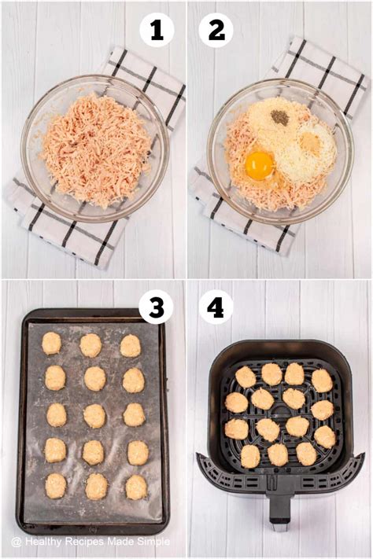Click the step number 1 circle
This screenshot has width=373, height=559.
coord(156,31)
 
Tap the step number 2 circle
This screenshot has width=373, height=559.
coord(215,31)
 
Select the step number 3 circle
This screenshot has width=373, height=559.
coord(156,307)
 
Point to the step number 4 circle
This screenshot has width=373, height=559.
coord(215,307)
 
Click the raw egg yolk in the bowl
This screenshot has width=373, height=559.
coord(260,165)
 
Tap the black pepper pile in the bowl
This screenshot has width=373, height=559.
coord(279,117)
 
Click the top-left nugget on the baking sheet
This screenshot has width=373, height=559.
coord(52,343)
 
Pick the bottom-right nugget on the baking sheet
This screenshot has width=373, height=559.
coord(136,487)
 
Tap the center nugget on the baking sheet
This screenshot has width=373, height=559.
coord(94,416)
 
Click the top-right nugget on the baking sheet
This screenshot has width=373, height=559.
coord(131,345)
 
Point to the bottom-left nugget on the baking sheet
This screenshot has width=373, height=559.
coord(55,486)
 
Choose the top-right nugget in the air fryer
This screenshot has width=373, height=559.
coord(321,381)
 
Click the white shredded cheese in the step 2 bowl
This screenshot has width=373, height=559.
coord(295,169)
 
